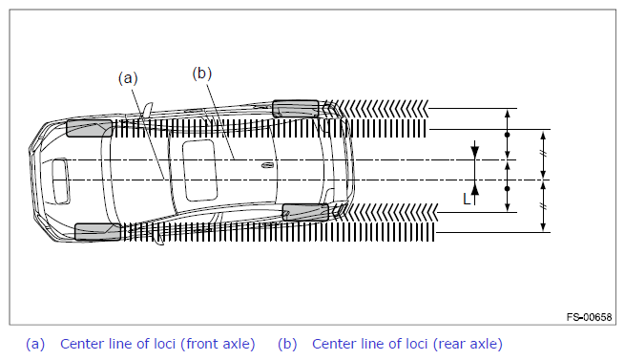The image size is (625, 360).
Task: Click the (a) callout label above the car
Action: pos(128,78)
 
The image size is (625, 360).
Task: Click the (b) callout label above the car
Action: pos(201,74)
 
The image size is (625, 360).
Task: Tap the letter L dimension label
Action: pos(467,199)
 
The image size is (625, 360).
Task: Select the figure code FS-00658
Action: pos(589,317)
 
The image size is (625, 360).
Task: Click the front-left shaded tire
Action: pos(90,128)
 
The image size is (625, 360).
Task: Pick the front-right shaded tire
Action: pos(97,232)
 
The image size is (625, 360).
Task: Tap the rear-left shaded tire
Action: pos(296,109)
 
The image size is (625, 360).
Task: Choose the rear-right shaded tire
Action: pos(305,212)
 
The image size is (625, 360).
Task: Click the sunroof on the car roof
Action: pos(199,170)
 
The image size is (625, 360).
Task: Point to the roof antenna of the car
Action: pos(267,165)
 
